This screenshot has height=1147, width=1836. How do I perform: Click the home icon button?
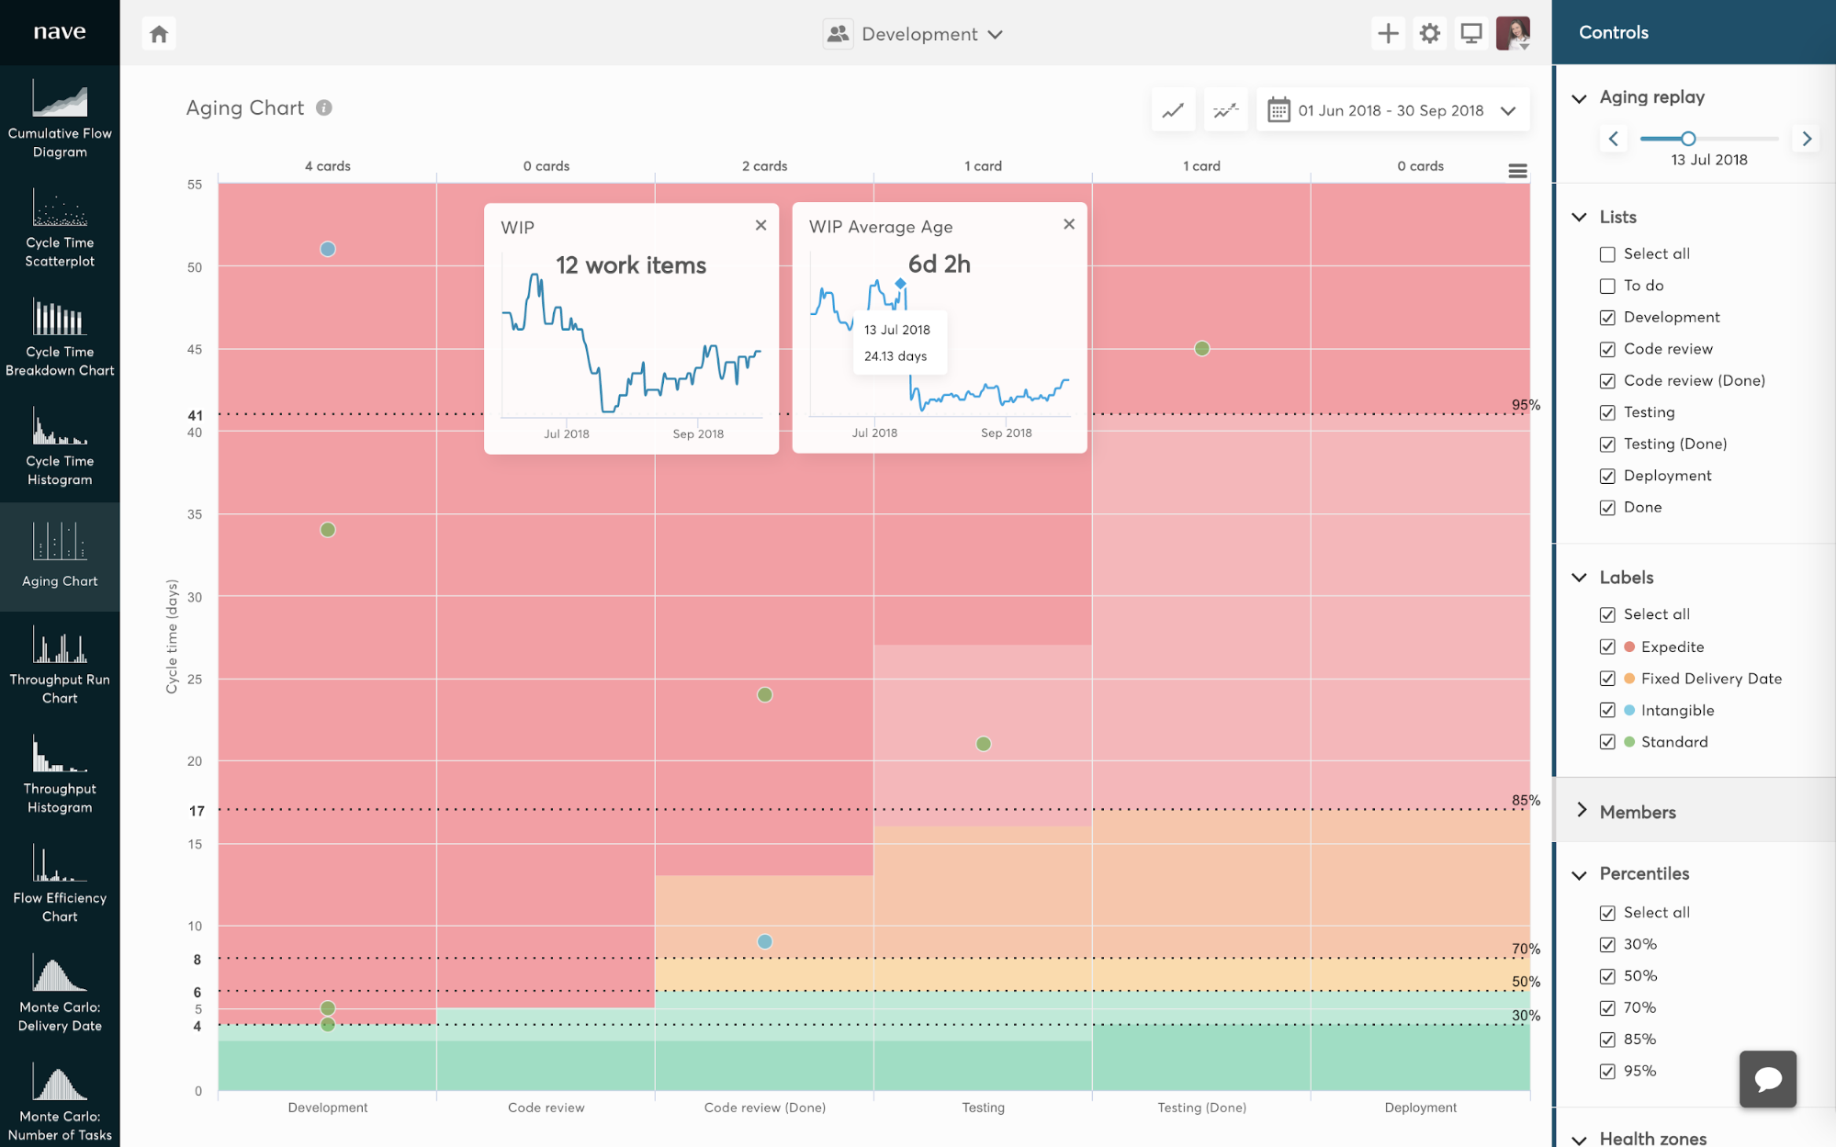pyautogui.click(x=159, y=34)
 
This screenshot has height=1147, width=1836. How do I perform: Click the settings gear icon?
pyautogui.click(x=1429, y=34)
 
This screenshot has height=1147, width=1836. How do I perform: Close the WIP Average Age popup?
pyautogui.click(x=1069, y=224)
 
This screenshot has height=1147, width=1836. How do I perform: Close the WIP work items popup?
pyautogui.click(x=760, y=225)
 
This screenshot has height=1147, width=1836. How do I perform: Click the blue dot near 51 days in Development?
pyautogui.click(x=328, y=249)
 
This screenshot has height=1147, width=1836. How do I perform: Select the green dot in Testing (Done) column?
pyautogui.click(x=1201, y=349)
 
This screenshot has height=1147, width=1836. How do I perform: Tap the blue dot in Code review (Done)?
pyautogui.click(x=764, y=941)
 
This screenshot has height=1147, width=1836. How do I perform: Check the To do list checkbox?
pyautogui.click(x=1607, y=286)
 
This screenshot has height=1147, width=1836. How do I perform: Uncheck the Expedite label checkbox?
pyautogui.click(x=1607, y=647)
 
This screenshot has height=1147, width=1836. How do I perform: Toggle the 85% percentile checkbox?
pyautogui.click(x=1607, y=1040)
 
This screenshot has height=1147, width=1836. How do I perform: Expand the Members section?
pyautogui.click(x=1637, y=812)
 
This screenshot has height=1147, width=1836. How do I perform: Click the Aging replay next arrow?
pyautogui.click(x=1807, y=139)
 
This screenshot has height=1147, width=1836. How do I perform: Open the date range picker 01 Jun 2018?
pyautogui.click(x=1391, y=110)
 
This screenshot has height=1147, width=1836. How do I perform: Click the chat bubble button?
pyautogui.click(x=1767, y=1079)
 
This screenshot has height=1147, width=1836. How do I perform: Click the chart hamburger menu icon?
pyautogui.click(x=1517, y=171)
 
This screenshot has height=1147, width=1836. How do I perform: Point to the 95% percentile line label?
pyautogui.click(x=1526, y=405)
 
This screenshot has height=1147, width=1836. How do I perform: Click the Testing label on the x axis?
pyautogui.click(x=983, y=1108)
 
